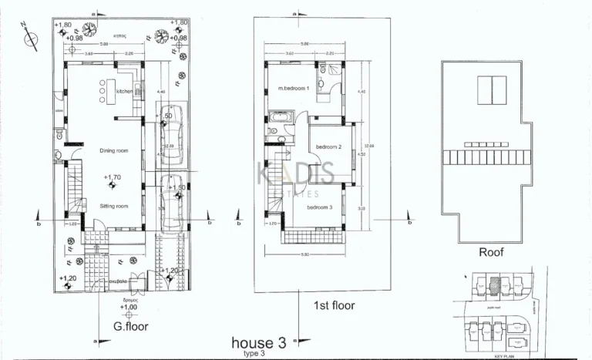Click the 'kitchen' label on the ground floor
(125, 91)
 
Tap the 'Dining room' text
(113, 150)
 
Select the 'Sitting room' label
(113, 206)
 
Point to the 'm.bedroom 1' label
(293, 89)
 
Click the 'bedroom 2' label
(328, 146)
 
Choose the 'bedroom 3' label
(319, 207)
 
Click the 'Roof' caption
(491, 251)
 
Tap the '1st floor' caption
(334, 305)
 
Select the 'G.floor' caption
(129, 326)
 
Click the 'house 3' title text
(259, 342)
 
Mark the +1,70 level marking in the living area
(113, 178)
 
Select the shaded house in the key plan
(496, 288)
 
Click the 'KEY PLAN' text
(506, 355)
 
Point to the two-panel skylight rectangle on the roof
(489, 91)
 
